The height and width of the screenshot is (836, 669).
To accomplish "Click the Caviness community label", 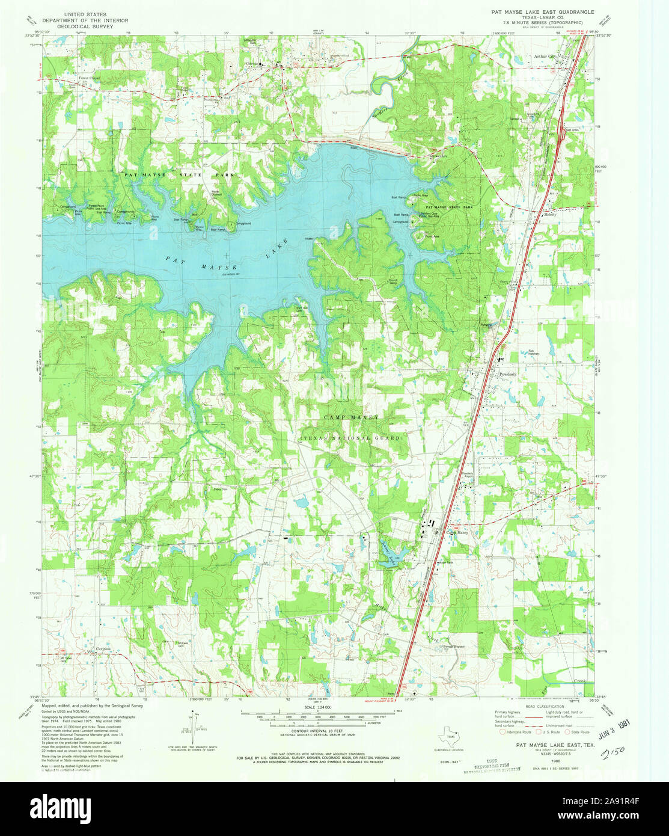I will coord(104,649).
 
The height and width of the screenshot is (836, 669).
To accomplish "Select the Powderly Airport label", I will coord(468,475).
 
